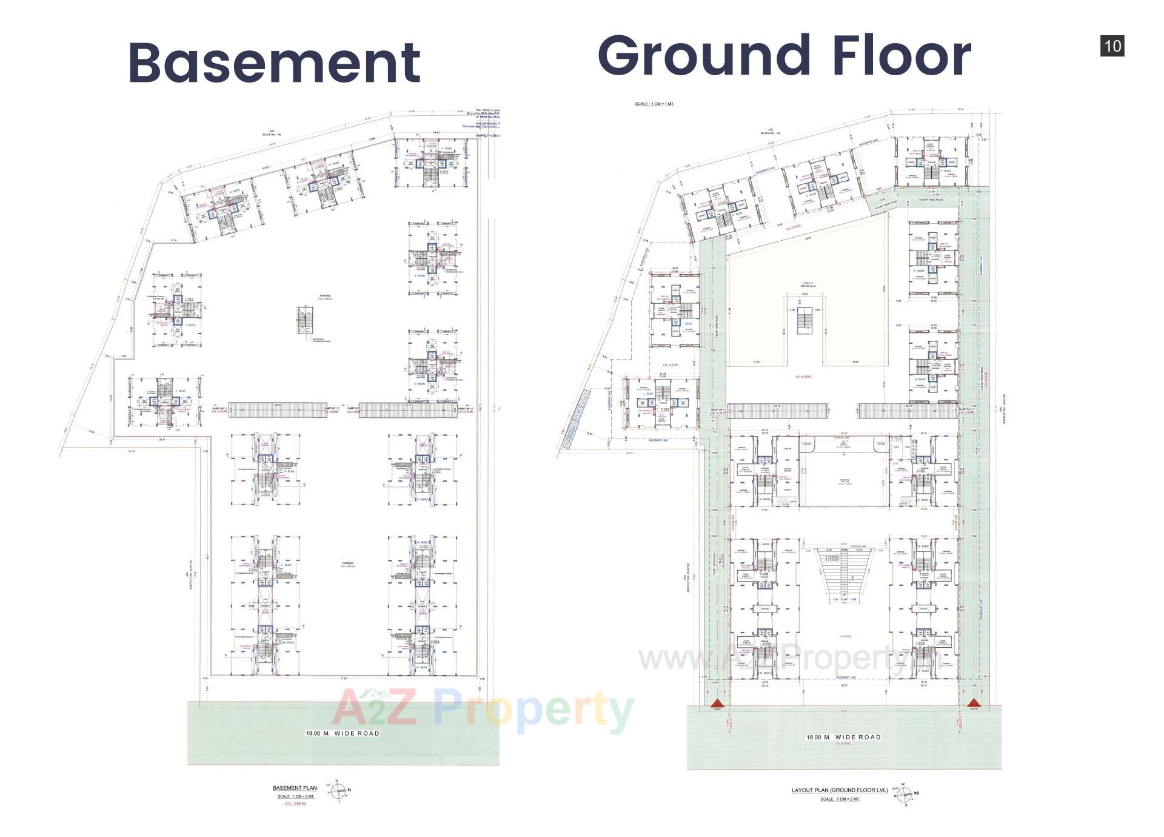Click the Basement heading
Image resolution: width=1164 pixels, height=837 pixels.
pos(274,62)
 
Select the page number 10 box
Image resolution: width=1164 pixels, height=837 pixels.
pos(1112,46)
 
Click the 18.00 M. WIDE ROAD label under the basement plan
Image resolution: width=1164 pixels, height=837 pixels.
pos(343,733)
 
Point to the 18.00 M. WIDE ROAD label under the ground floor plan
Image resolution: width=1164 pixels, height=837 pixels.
pos(843,737)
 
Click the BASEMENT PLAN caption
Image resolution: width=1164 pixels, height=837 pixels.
pos(295,788)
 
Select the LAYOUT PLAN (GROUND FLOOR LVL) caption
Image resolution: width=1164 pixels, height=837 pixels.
pos(840,790)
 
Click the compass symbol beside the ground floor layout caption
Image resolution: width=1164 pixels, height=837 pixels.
pos(905,793)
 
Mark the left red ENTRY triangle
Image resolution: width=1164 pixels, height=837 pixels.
pos(718,703)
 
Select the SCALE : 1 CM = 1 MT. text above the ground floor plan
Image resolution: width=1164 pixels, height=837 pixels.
pos(654,104)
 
